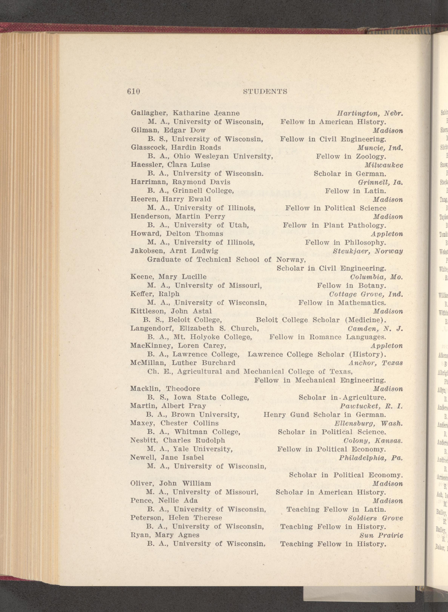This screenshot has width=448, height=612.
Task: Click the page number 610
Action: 133,92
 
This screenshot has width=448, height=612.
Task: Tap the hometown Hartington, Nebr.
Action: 370,113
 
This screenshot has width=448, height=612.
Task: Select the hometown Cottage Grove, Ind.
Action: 366,294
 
